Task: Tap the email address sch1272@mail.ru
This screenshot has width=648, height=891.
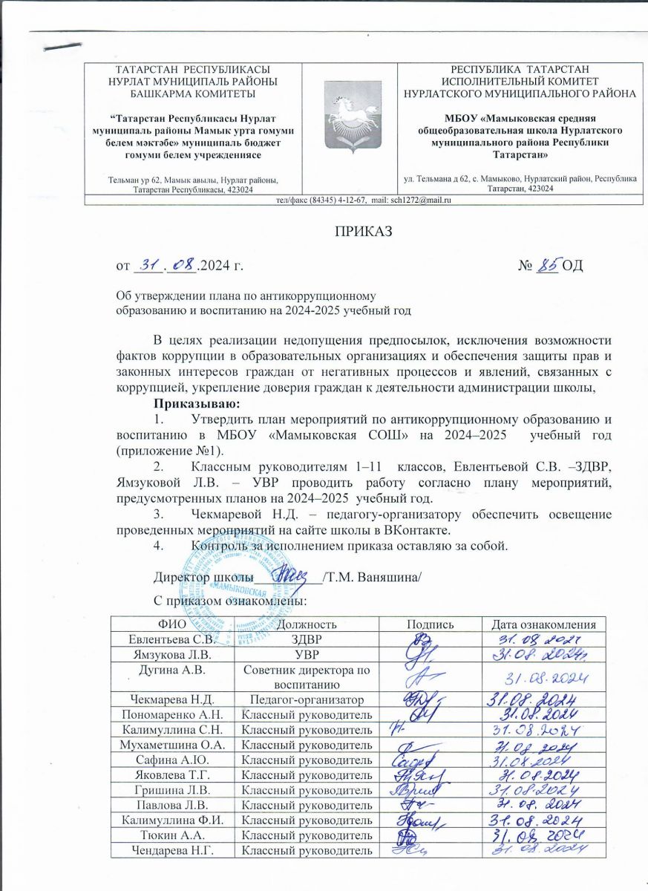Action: point(424,200)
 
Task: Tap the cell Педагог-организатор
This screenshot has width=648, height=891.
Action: point(307,699)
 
